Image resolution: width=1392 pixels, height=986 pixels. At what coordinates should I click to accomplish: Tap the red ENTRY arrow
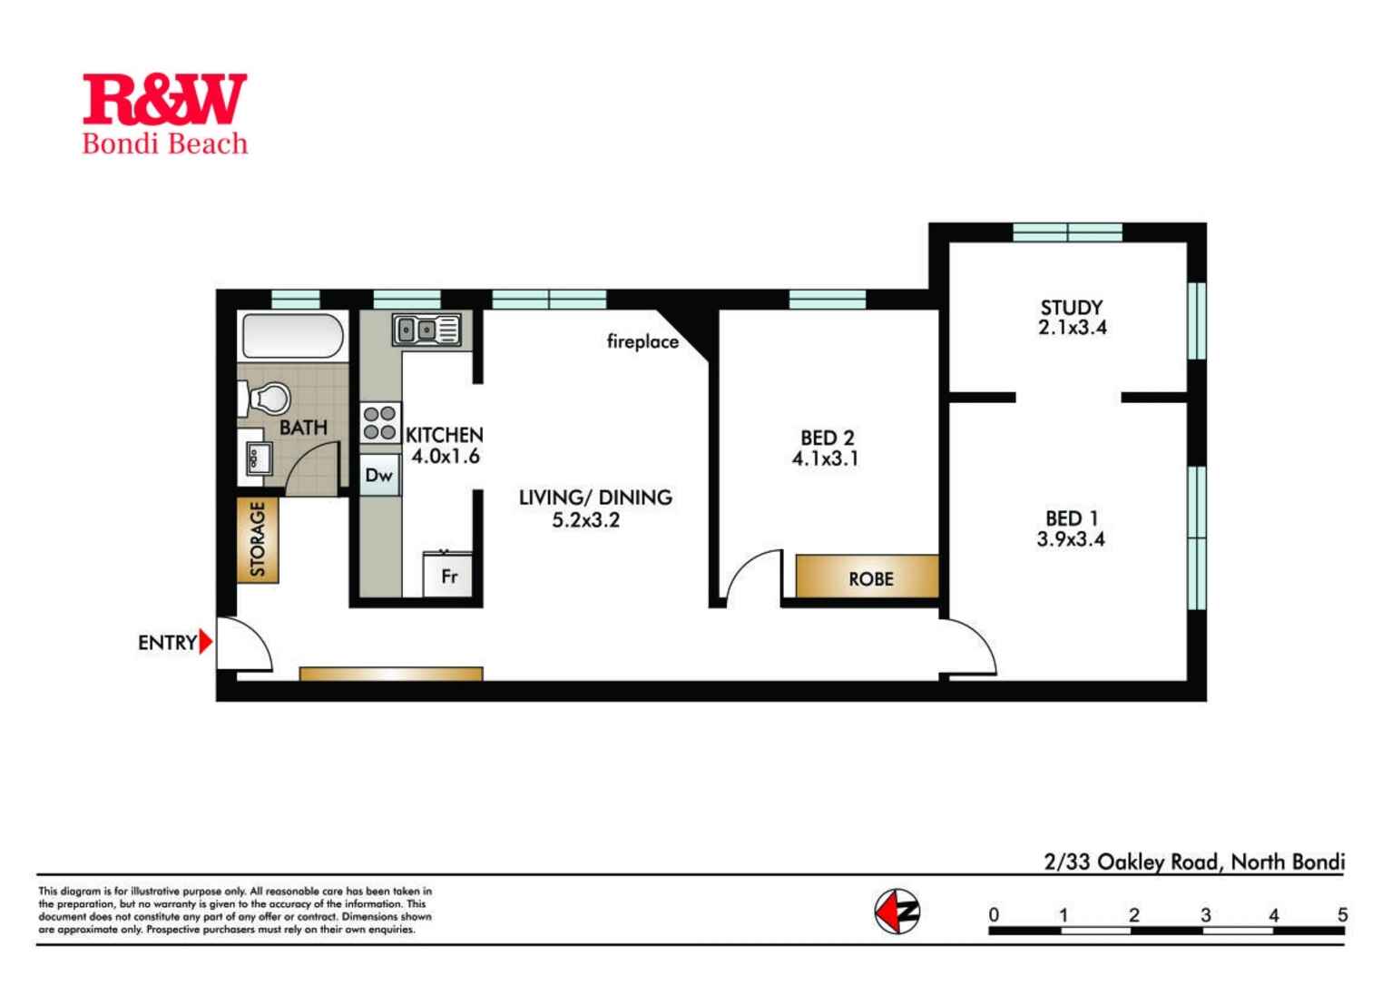(206, 642)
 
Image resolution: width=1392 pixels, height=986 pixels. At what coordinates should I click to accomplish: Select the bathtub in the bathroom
(292, 336)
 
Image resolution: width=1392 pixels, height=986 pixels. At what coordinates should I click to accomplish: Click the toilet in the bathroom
(265, 399)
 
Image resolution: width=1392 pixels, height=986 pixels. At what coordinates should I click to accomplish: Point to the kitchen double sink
(426, 330)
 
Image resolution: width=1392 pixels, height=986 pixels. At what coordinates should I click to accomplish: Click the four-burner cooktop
(379, 423)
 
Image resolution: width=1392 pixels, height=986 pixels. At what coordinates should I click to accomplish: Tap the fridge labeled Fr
(447, 575)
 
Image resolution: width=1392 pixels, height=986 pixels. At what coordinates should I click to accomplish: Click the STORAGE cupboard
(258, 539)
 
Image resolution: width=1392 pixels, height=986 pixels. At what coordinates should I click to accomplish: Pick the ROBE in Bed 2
(867, 577)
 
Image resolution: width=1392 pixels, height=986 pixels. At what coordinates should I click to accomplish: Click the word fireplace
(642, 341)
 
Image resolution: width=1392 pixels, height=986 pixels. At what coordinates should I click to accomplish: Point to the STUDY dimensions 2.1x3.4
(1072, 328)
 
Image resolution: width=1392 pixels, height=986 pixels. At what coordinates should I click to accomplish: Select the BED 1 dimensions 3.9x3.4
(1070, 539)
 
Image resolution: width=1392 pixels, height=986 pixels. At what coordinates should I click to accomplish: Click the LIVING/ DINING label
(595, 498)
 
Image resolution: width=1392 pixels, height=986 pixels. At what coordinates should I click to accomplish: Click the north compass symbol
(897, 912)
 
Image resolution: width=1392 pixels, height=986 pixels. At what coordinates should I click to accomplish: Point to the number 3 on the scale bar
(1206, 915)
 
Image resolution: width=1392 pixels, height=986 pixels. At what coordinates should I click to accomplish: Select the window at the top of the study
(1068, 232)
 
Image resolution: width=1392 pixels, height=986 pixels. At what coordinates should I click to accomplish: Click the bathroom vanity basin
(256, 458)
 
